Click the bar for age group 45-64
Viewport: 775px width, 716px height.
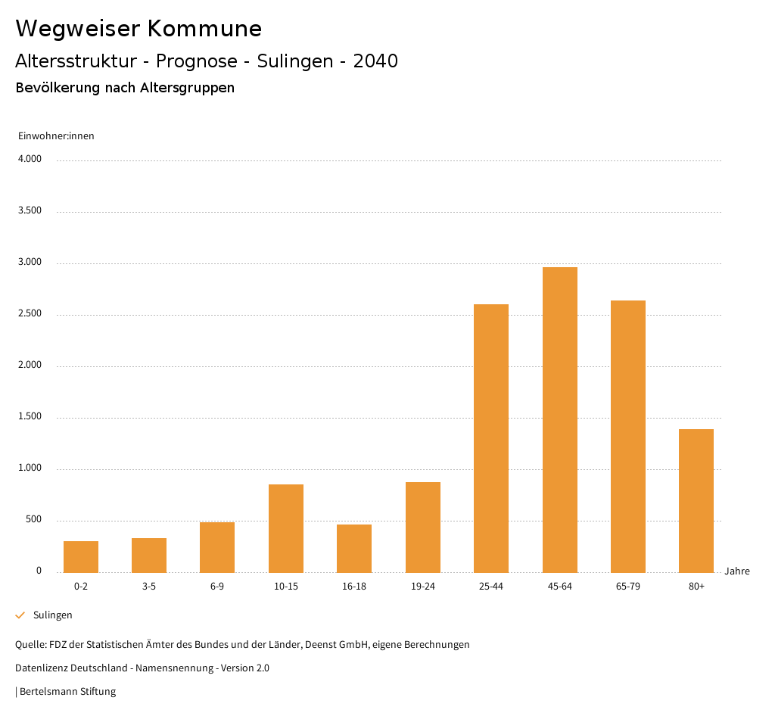click(559, 419)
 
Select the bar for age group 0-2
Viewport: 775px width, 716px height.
click(81, 556)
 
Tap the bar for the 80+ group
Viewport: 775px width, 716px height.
click(696, 500)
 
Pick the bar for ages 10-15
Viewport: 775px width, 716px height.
click(286, 528)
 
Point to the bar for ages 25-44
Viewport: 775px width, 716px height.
click(491, 438)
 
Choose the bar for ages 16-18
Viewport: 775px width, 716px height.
click(354, 548)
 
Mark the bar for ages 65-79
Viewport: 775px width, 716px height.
click(628, 436)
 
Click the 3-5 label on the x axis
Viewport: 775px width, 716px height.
click(149, 587)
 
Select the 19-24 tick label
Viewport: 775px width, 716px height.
click(422, 587)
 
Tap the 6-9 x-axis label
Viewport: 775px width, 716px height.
click(217, 587)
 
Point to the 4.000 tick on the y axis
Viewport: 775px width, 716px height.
click(30, 160)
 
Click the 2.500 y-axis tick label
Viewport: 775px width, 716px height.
click(30, 314)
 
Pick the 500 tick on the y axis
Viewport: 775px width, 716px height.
click(33, 520)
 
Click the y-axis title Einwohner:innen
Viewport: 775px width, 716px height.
click(56, 136)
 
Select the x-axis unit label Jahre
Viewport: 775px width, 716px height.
click(737, 571)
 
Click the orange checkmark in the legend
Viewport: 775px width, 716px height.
click(20, 615)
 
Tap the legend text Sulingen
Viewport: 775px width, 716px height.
click(53, 615)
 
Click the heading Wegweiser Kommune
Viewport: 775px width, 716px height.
click(139, 29)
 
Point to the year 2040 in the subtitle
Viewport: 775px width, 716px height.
click(375, 61)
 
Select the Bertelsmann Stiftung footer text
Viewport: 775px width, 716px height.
click(67, 692)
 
